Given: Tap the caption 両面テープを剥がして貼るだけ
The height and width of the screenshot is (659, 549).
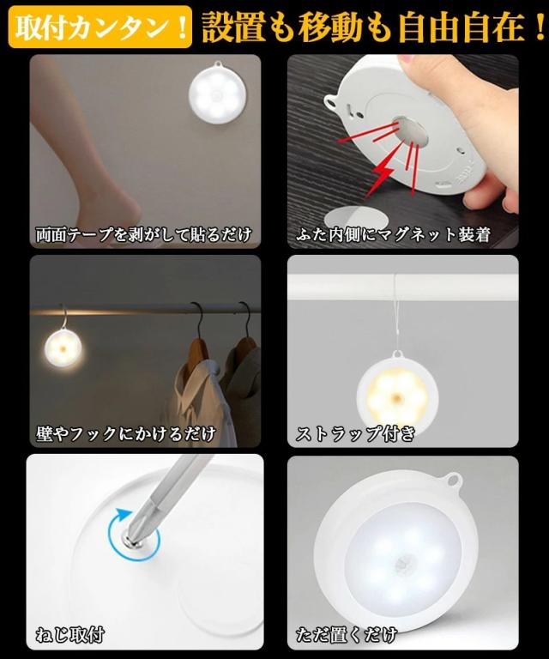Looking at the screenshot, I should click(143, 233).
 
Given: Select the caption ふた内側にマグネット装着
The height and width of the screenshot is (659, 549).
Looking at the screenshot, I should click(393, 233).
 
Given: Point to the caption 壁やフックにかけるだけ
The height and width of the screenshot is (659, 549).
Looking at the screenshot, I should click(125, 432).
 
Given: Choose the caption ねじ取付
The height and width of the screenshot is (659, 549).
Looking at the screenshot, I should click(70, 635).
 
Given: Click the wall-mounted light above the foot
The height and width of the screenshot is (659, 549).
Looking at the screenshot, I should click(218, 95).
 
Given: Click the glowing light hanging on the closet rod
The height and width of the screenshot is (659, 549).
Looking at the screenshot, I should click(63, 348).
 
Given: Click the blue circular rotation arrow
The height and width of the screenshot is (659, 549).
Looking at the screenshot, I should click(120, 534).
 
